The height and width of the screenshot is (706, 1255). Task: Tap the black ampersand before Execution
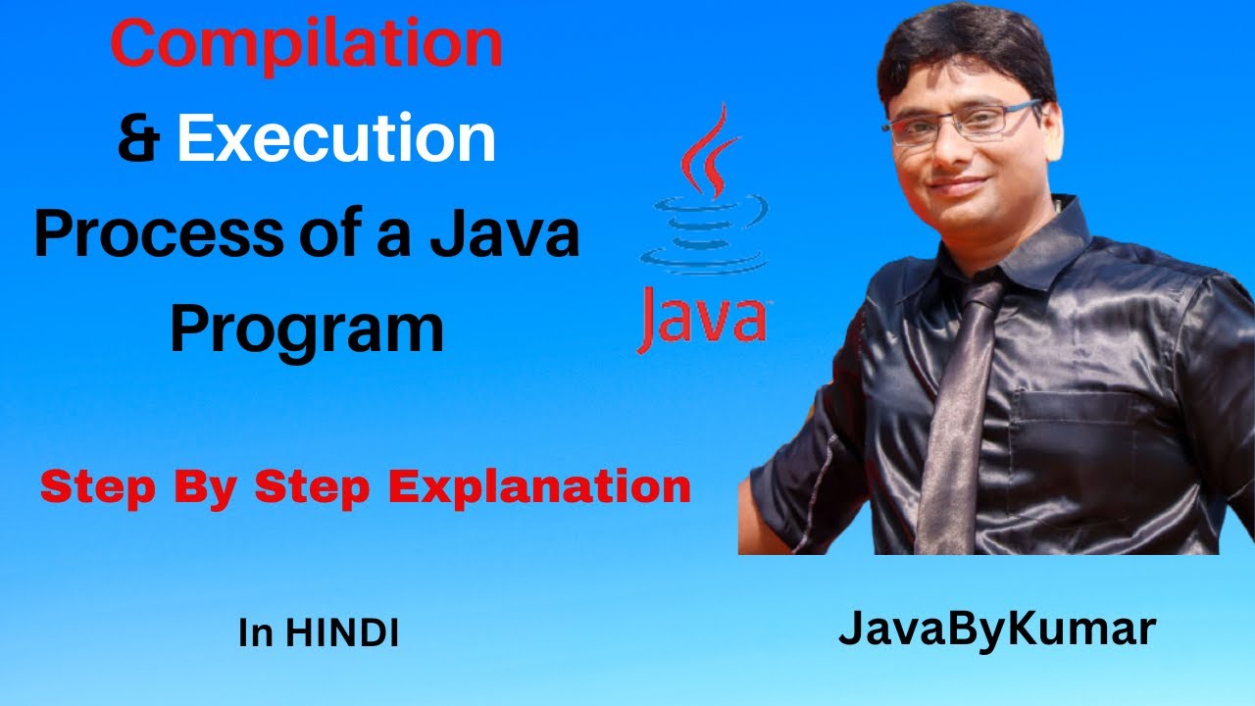coord(139,138)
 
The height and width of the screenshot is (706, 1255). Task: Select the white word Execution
coord(336,138)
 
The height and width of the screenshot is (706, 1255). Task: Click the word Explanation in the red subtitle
coord(540,487)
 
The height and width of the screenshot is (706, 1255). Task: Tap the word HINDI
coord(342,633)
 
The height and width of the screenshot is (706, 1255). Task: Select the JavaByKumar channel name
coord(996,630)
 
